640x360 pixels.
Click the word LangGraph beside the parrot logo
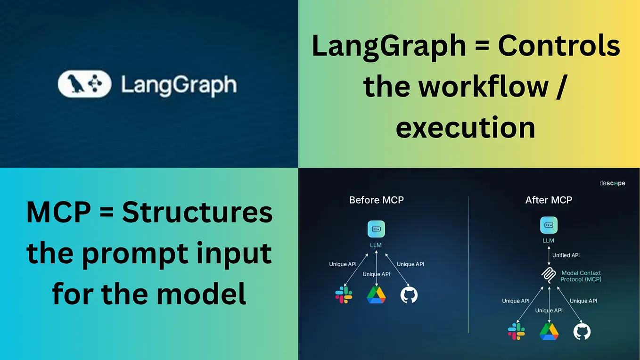click(x=179, y=85)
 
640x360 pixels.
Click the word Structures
click(x=197, y=212)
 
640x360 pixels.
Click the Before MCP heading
click(x=376, y=200)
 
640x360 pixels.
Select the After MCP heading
click(x=549, y=200)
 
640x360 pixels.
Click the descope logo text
click(x=612, y=183)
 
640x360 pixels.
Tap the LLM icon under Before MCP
click(x=376, y=229)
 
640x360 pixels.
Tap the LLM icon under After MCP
click(x=549, y=225)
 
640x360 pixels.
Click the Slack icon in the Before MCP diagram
click(x=344, y=295)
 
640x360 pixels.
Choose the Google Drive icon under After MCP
click(x=549, y=332)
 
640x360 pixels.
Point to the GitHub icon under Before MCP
click(x=409, y=295)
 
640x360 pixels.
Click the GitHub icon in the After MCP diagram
click(x=582, y=332)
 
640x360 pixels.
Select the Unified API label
click(x=566, y=255)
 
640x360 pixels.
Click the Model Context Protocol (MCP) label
click(x=581, y=276)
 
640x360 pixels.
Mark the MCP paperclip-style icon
click(x=549, y=275)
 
